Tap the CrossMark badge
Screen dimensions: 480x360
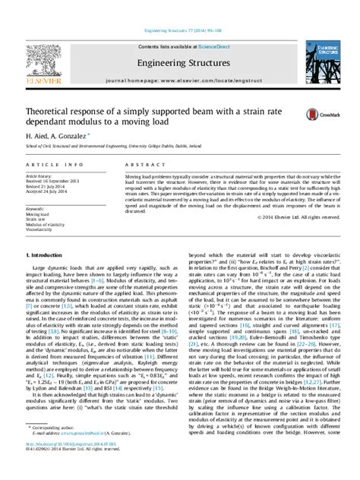click(316, 114)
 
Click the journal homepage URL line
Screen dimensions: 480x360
click(179, 82)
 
